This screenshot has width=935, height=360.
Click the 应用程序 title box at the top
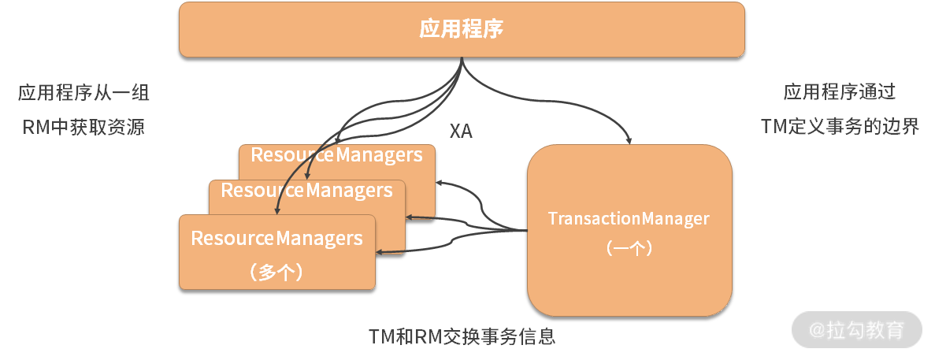coord(462,30)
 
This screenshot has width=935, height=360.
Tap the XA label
coord(461,132)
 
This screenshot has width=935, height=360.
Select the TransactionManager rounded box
coord(629,268)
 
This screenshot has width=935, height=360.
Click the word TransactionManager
coord(629,218)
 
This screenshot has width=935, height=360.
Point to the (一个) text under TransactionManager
coord(629,247)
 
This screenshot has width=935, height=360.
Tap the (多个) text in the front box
coord(276,273)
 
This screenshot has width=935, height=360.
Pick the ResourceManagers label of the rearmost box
coord(336,154)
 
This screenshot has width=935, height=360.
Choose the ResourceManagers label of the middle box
coord(306,190)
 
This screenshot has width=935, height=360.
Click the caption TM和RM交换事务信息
coord(462,336)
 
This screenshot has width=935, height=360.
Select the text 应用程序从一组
coord(83,93)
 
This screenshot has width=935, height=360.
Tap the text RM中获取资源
coord(83,127)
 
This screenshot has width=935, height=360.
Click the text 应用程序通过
coord(840,93)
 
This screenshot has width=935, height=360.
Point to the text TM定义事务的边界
coord(840,127)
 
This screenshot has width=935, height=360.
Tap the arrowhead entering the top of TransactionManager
coord(629,140)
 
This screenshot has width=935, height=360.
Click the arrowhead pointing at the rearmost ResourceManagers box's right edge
coord(439,183)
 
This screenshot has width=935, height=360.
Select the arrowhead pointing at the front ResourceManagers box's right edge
coord(380,252)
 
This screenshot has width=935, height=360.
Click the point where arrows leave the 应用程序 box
coord(462,59)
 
